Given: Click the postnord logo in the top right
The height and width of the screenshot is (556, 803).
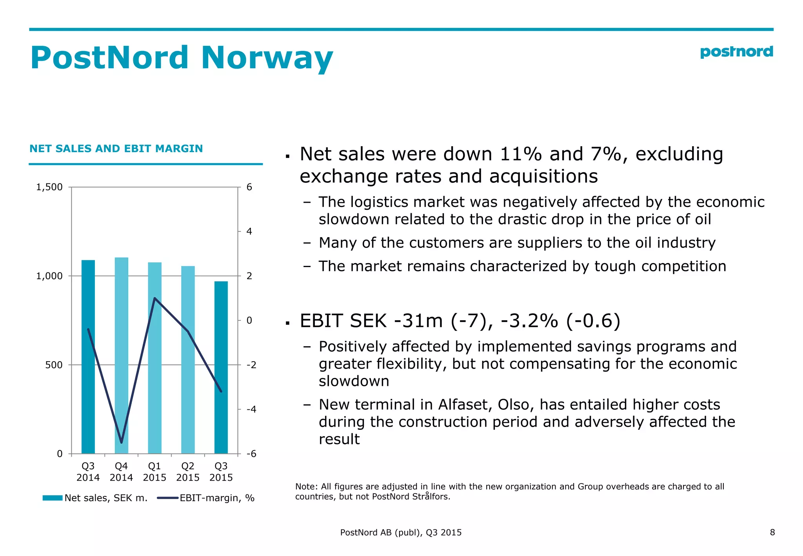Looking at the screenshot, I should point(736,52).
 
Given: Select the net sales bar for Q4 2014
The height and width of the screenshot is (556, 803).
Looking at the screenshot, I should point(122,353).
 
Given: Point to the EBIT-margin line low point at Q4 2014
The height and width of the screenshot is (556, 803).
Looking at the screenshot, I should point(122,442).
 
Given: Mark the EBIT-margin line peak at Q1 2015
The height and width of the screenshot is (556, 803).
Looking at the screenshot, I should point(155,298).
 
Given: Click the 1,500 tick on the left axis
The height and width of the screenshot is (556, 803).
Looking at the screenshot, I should point(49,187).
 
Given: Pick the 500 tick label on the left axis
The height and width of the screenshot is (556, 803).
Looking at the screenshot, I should point(54,365).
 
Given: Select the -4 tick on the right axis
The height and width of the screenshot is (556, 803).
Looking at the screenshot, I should point(251,409).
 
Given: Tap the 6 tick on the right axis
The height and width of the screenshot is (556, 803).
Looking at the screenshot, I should point(249,187).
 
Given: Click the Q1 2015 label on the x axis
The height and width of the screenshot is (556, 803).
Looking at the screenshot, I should point(154,472).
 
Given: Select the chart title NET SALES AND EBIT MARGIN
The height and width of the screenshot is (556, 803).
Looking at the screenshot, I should point(116,149).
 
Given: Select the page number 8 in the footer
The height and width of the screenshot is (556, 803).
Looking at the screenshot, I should point(772,532).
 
